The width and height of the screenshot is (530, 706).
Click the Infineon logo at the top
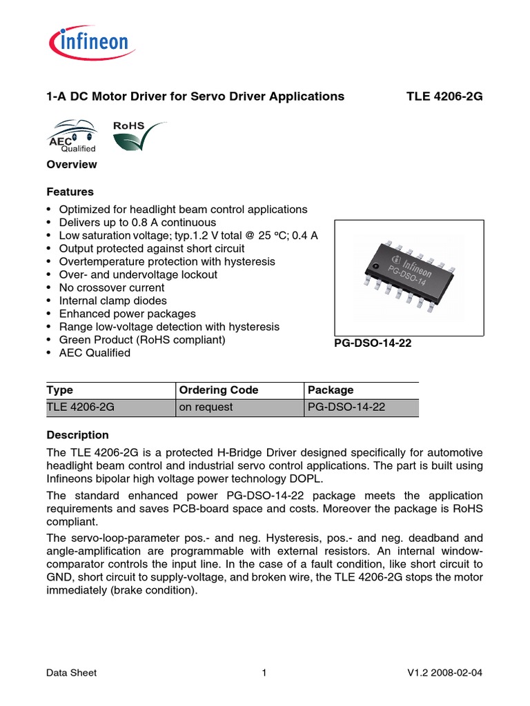click(90, 43)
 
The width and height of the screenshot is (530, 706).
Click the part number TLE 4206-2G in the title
click(444, 97)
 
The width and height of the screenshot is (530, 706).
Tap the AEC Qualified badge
click(70, 136)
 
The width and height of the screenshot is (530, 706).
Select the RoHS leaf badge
click(136, 136)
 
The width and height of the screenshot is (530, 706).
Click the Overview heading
click(71, 165)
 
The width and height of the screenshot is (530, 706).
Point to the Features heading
click(70, 192)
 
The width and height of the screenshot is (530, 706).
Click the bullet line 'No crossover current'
click(111, 288)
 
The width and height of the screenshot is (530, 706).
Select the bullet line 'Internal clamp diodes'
click(112, 301)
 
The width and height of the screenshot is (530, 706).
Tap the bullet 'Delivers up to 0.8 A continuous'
click(137, 222)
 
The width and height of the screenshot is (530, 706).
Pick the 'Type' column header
click(59, 390)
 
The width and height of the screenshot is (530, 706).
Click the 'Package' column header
click(331, 390)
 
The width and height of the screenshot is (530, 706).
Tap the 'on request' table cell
click(206, 407)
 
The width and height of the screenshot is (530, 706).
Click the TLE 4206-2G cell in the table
click(80, 407)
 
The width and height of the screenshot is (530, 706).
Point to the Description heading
click(77, 435)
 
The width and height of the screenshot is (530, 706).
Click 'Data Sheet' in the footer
click(71, 673)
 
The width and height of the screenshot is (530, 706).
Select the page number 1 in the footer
click(264, 673)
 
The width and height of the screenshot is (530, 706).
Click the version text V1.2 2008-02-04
click(448, 673)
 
